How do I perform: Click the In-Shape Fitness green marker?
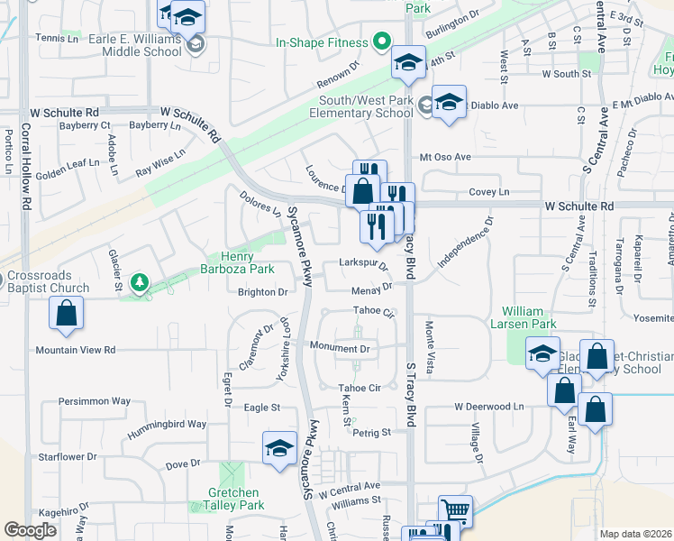coord(381,42)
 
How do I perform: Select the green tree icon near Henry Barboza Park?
coord(139,283)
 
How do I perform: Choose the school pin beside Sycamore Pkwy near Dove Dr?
coord(279,448)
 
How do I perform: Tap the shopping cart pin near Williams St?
coord(456,510)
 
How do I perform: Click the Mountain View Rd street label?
coord(76,350)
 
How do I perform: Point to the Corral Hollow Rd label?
coord(26,179)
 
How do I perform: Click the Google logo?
coord(31,530)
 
